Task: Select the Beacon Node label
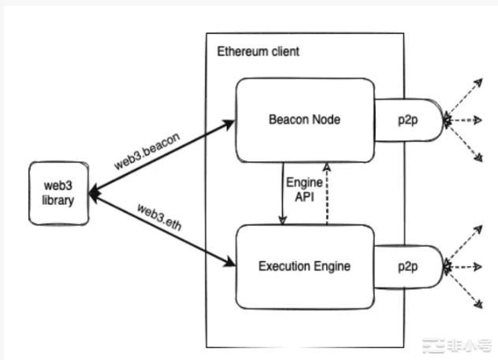[x=303, y=120]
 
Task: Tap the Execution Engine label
[x=303, y=266]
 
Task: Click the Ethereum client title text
[x=258, y=52]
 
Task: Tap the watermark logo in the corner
[x=455, y=343]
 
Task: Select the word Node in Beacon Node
[x=325, y=120]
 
